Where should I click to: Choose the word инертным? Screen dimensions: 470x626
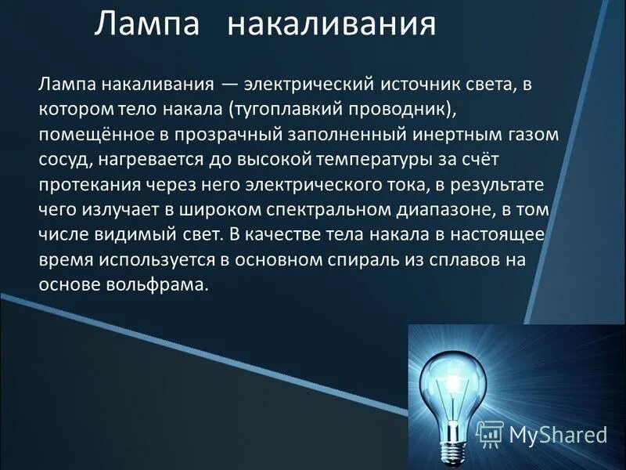click(462, 135)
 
